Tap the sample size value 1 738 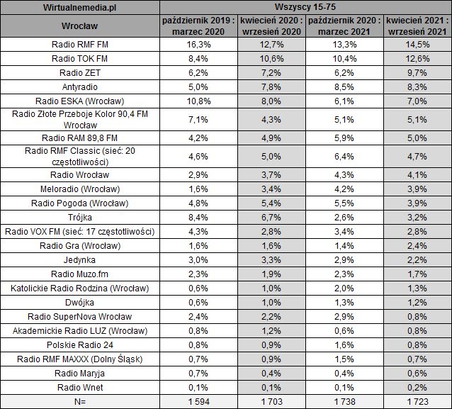(x=344, y=400)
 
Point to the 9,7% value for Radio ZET (x=417, y=72)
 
